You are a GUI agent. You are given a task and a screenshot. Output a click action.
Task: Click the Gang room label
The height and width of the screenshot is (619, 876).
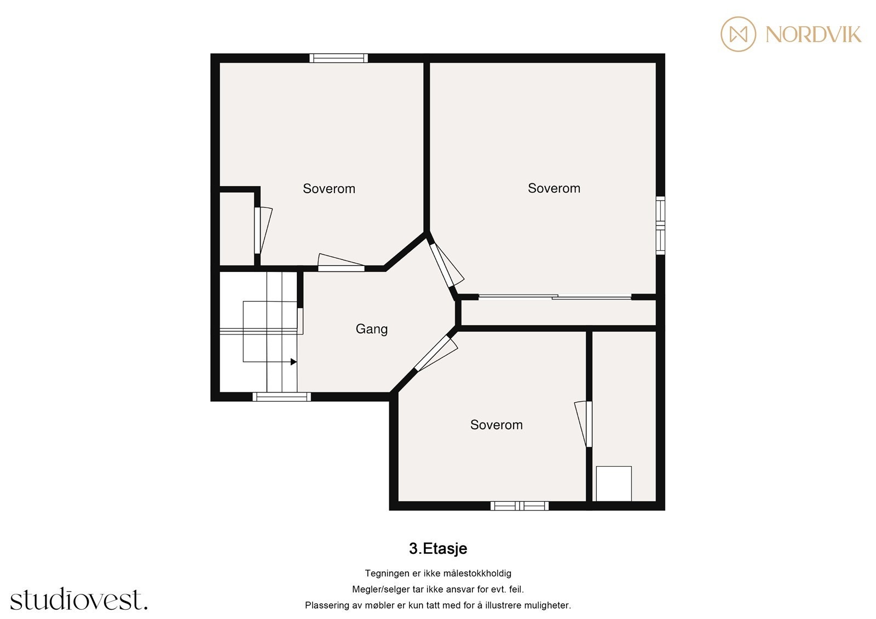pyautogui.click(x=371, y=329)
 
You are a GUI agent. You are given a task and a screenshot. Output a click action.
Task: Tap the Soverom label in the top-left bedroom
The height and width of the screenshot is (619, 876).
pyautogui.click(x=328, y=189)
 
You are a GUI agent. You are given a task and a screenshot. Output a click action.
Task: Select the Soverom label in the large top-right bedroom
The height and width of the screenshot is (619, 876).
pyautogui.click(x=554, y=188)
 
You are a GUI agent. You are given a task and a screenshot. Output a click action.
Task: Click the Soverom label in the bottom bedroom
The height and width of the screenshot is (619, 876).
pyautogui.click(x=496, y=425)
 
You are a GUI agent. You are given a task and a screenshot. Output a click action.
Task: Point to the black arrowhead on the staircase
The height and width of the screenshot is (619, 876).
pyautogui.click(x=293, y=362)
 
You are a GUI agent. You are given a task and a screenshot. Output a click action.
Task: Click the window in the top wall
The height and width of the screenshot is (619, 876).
pyautogui.click(x=338, y=58)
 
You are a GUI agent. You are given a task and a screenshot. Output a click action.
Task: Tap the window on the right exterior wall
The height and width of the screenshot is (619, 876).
pyautogui.click(x=660, y=225)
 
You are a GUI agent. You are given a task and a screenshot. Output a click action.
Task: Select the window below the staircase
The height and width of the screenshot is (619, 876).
pyautogui.click(x=281, y=397)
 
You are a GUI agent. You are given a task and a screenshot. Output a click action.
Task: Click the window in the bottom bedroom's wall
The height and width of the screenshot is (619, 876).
pyautogui.click(x=519, y=506)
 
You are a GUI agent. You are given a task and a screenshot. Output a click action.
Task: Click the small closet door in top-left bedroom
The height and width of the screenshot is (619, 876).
pyautogui.click(x=257, y=230)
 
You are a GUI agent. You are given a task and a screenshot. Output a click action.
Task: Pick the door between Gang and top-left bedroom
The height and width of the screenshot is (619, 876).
pyautogui.click(x=341, y=268)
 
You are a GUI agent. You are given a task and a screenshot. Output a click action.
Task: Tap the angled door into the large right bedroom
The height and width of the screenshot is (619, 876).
pyautogui.click(x=442, y=265)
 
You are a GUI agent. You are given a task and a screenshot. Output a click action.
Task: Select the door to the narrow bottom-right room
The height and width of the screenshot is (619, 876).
pyautogui.click(x=589, y=424)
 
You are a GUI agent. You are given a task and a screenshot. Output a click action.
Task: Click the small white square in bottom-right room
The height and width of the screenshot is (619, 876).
pyautogui.click(x=613, y=483)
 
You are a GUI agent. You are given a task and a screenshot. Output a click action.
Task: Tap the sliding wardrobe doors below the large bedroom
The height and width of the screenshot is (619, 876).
pyautogui.click(x=555, y=297)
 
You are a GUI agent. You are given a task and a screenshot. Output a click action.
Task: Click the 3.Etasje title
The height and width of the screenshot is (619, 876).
pyautogui.click(x=438, y=548)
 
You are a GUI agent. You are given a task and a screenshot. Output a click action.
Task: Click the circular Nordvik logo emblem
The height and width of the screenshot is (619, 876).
pyautogui.click(x=738, y=34)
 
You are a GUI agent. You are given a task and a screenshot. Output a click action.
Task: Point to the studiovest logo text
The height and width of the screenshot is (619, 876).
pyautogui.click(x=79, y=600)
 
